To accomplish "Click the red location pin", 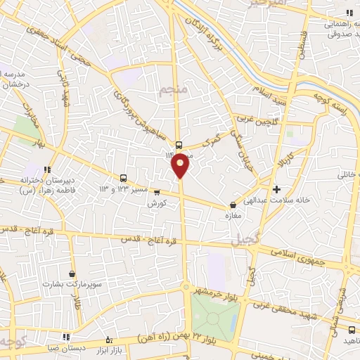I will (181, 165).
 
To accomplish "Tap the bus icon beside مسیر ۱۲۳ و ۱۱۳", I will (124, 178).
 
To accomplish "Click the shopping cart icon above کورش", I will (156, 192).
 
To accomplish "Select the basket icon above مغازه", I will (233, 205).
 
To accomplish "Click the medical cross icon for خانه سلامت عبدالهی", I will (277, 189).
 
